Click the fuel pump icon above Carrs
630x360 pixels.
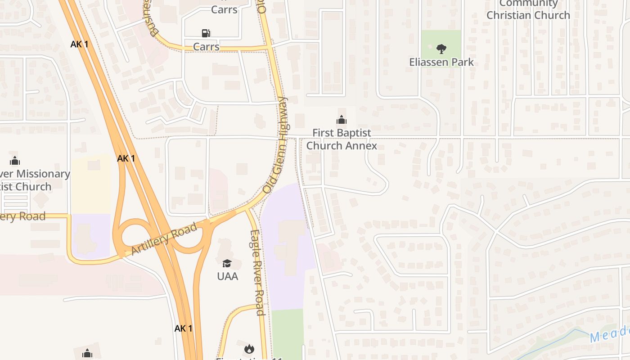[x=206, y=33]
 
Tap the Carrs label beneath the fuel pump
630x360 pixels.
[x=206, y=47]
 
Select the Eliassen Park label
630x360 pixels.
[x=441, y=62]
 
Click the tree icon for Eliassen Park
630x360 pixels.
[x=441, y=49]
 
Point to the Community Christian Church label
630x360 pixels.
[x=528, y=10]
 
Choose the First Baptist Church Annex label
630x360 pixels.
[x=342, y=139]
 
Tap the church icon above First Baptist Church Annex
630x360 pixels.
[x=342, y=120]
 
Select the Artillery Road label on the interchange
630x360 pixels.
[x=164, y=239]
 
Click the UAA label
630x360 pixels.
[x=227, y=276]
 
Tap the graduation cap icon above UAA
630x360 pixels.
[x=227, y=263]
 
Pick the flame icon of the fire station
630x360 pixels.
[x=249, y=349]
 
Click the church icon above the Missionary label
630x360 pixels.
[x=15, y=161]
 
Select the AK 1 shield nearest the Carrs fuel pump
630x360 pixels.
[x=79, y=44]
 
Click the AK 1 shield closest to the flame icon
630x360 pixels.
[x=183, y=328]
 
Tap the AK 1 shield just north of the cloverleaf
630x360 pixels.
[x=126, y=158]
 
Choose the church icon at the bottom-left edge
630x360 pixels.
[x=87, y=354]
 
